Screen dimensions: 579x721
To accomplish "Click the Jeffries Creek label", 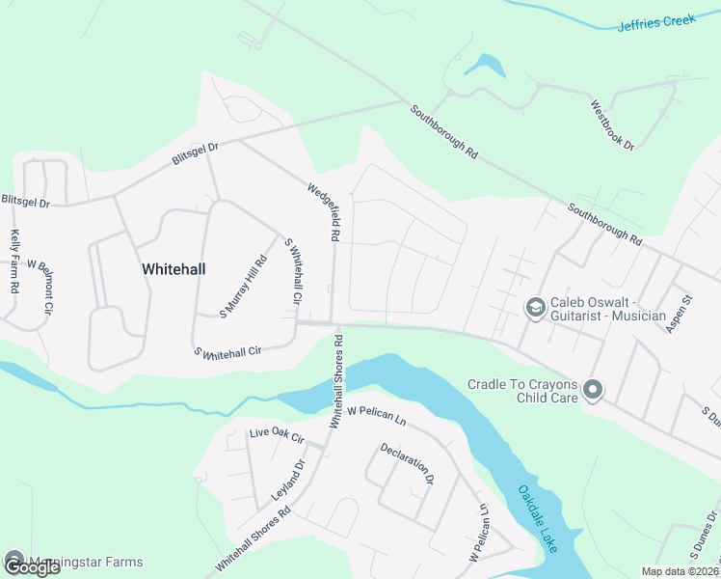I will pyautogui.click(x=659, y=24).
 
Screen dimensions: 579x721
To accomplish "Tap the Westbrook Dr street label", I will pyautogui.click(x=613, y=125).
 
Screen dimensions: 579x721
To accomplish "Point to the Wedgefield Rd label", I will pyautogui.click(x=324, y=212).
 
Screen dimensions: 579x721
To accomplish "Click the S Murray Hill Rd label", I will pyautogui.click(x=243, y=286).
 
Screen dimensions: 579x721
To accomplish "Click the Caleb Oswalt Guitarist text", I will pyautogui.click(x=608, y=309).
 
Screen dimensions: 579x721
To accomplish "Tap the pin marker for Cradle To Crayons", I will pyautogui.click(x=593, y=391).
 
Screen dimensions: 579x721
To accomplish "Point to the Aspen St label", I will pyautogui.click(x=680, y=315).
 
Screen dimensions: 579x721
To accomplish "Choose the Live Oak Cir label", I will pyautogui.click(x=277, y=438).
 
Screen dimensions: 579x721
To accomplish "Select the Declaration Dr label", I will pyautogui.click(x=408, y=463).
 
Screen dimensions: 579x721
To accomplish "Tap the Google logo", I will pyautogui.click(x=32, y=565).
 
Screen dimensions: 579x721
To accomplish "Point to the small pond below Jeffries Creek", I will pyautogui.click(x=485, y=66).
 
